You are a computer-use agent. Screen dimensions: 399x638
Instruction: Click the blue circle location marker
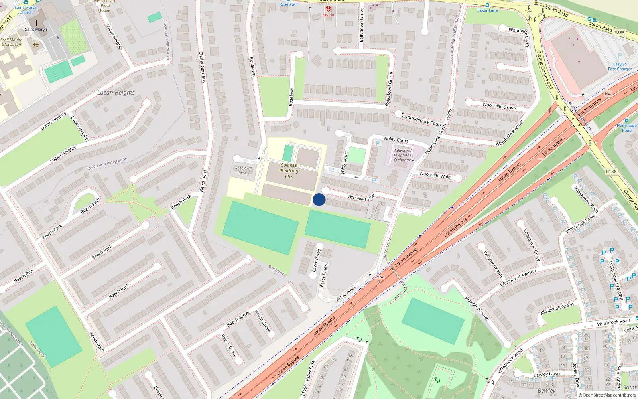[319, 199]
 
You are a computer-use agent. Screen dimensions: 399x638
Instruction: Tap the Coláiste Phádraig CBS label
[289, 171]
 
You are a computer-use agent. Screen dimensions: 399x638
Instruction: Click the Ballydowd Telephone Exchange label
[402, 155]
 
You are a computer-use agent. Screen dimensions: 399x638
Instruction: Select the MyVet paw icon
[329, 9]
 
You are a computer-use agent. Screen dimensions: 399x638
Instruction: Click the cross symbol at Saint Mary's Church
[36, 23]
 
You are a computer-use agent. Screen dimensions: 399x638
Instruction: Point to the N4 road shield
[608, 94]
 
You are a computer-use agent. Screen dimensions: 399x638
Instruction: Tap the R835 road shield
[619, 33]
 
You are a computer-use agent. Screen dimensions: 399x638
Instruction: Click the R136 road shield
[611, 172]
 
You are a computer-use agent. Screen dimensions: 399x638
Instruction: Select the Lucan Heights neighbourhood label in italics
[116, 93]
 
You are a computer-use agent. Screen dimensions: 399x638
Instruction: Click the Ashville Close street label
[361, 197]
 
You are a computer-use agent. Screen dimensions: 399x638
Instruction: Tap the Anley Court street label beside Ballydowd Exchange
[396, 139]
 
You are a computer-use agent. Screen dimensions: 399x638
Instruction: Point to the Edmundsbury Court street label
[421, 119]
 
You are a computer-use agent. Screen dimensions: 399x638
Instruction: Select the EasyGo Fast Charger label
[620, 67]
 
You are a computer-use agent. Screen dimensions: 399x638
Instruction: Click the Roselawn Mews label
[243, 170]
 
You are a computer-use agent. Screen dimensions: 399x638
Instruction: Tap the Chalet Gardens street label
[203, 67]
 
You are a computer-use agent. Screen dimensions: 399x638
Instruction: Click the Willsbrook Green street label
[557, 309]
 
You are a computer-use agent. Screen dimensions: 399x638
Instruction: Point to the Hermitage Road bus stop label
[627, 128]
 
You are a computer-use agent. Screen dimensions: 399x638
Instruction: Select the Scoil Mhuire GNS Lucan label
[11, 42]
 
